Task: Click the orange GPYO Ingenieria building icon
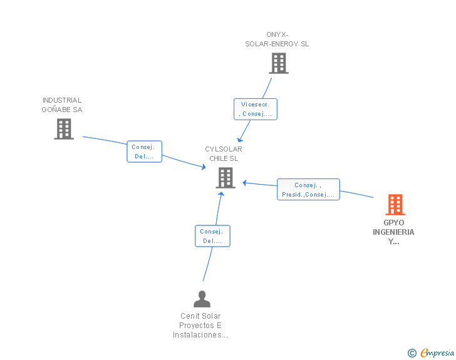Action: pyautogui.click(x=395, y=205)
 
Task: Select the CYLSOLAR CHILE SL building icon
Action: pyautogui.click(x=225, y=178)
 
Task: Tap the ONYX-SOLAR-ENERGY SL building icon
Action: pyautogui.click(x=279, y=63)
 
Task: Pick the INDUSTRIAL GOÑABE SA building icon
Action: pyautogui.click(x=64, y=129)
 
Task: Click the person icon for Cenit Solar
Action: pyautogui.click(x=202, y=299)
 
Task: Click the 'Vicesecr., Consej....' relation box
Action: pyautogui.click(x=256, y=109)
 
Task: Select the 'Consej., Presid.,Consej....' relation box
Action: pyautogui.click(x=308, y=190)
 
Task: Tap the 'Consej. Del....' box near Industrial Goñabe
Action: pyautogui.click(x=144, y=152)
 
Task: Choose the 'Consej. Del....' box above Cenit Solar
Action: pyautogui.click(x=212, y=236)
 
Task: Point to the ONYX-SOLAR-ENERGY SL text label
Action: pyautogui.click(x=277, y=39)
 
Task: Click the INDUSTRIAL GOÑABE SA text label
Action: pyautogui.click(x=62, y=105)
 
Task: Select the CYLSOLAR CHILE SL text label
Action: pyautogui.click(x=224, y=154)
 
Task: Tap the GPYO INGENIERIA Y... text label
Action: pyautogui.click(x=393, y=232)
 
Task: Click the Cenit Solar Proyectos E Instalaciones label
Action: pyautogui.click(x=200, y=326)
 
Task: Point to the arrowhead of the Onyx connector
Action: pyautogui.click(x=240, y=139)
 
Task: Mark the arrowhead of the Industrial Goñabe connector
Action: pyautogui.click(x=204, y=167)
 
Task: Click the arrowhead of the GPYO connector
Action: pyautogui.click(x=245, y=183)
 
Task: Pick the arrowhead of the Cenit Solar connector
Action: pyautogui.click(x=221, y=194)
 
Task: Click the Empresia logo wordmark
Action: pyautogui.click(x=437, y=352)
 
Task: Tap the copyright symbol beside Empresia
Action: pyautogui.click(x=412, y=353)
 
